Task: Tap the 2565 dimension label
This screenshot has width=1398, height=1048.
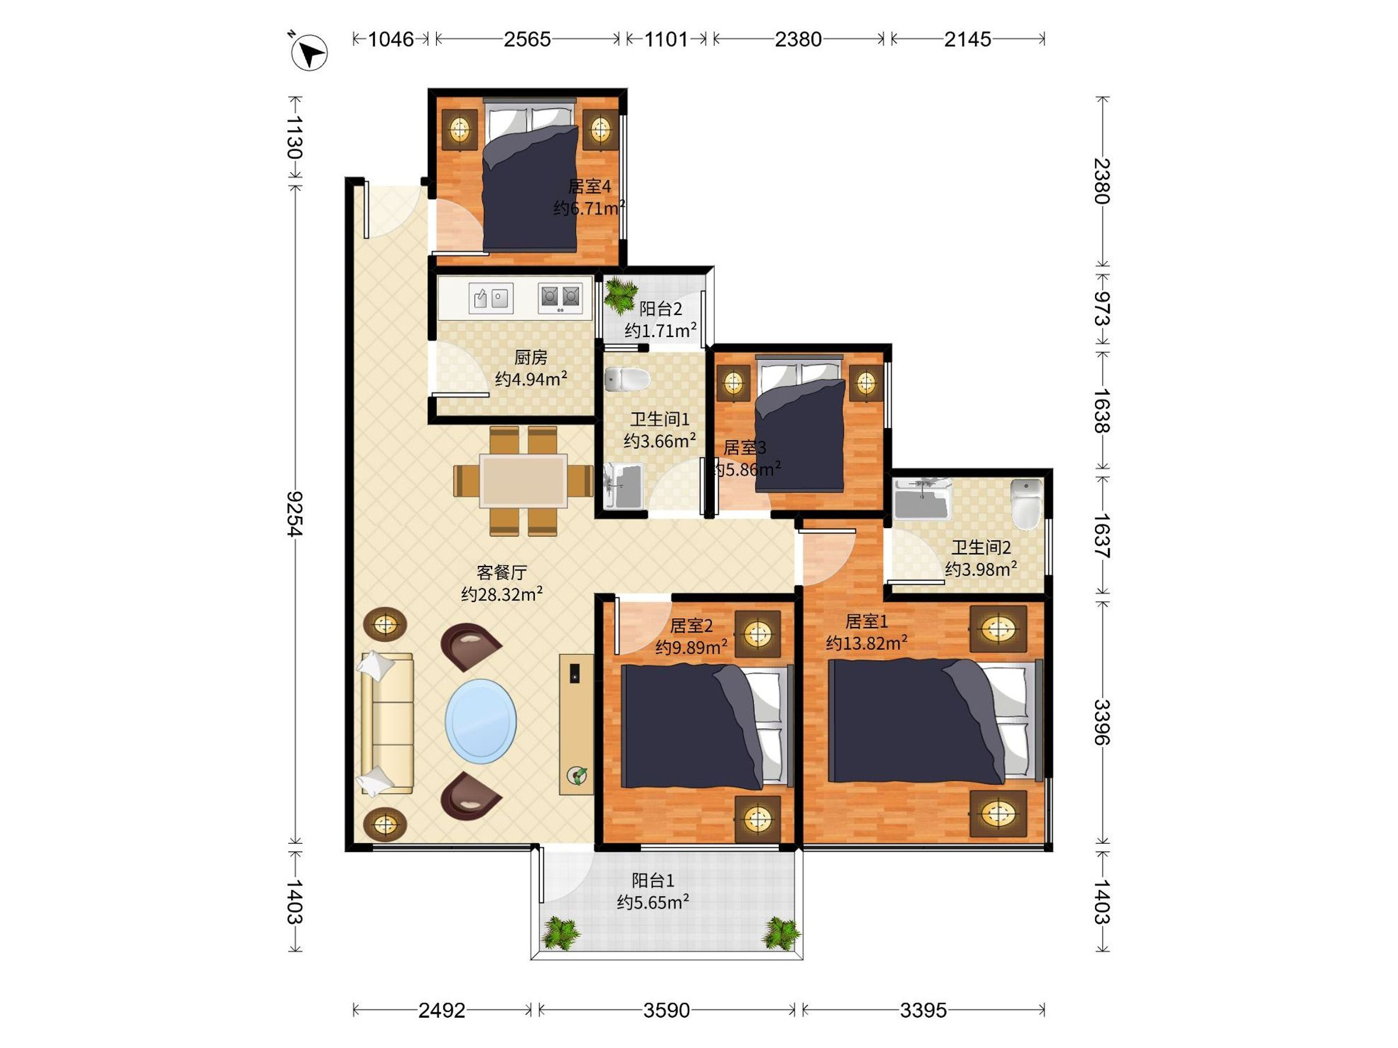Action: coord(527,39)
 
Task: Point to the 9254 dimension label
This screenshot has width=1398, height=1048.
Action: coord(295,514)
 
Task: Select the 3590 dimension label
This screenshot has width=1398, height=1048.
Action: coord(667,1010)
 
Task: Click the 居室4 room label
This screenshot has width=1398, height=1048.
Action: coord(589,186)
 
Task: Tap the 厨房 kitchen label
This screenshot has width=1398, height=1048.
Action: coord(530,357)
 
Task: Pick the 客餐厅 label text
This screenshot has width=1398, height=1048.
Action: coord(501,572)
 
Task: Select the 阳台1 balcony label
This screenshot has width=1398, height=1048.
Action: coord(653,880)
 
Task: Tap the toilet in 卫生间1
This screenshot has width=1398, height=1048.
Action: coord(627,379)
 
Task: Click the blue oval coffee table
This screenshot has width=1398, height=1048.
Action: coord(481,721)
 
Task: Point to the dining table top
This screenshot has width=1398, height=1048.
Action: coord(523,481)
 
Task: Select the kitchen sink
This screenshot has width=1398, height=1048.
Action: coord(490,298)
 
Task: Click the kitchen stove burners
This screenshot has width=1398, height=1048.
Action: coord(559,298)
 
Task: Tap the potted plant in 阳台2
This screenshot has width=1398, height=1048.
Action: coord(620,295)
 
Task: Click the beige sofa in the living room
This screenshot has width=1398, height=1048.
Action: coord(386,723)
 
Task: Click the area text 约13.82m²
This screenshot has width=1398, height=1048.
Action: coord(867,643)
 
